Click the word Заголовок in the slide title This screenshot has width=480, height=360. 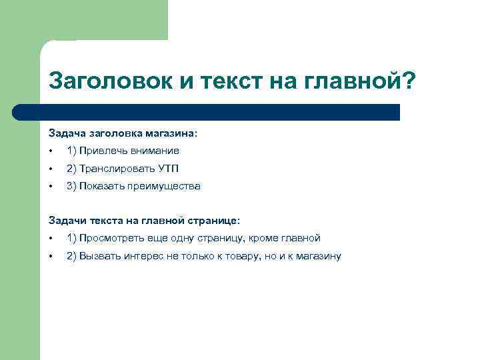coord(109,82)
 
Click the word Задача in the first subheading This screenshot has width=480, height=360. coord(65,133)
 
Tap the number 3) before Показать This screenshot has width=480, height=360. coord(71,186)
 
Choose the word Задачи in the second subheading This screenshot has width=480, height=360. coord(65,221)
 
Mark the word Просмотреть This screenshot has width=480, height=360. coord(111,238)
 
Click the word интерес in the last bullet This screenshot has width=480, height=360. coord(145,256)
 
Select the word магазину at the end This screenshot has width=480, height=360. coord(318,256)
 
